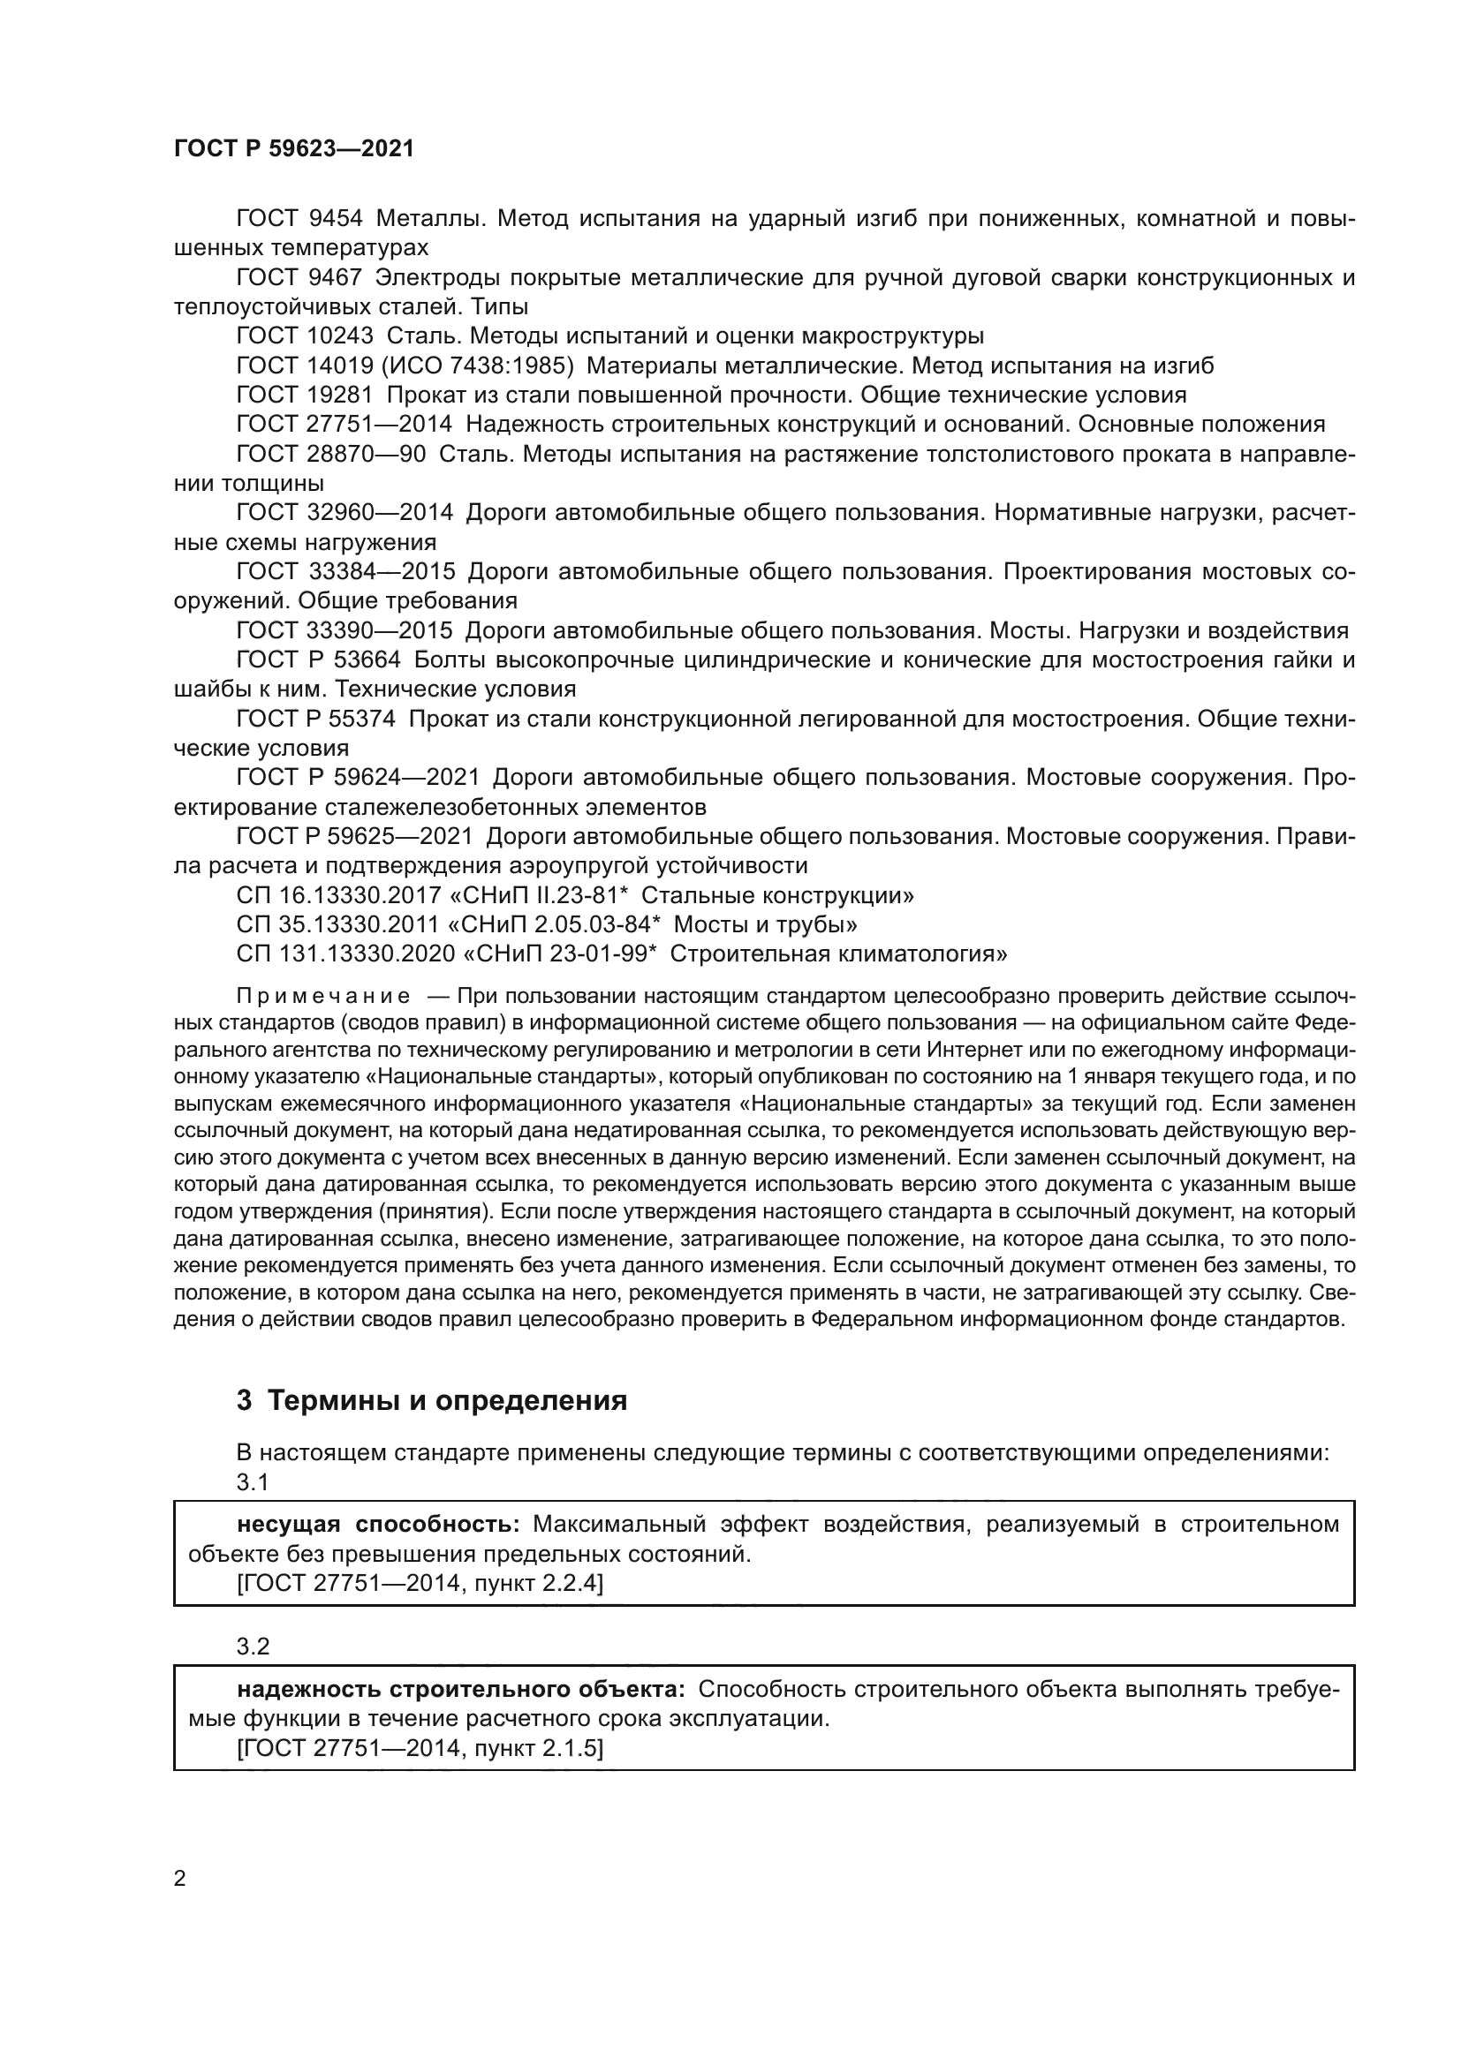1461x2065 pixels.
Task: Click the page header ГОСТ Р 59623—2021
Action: tap(294, 148)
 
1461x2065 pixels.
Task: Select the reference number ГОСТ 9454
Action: tap(299, 219)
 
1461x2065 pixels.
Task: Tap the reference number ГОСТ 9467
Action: tap(299, 277)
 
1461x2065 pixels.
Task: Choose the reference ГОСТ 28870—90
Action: tap(331, 454)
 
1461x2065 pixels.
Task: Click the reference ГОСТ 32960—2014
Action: tap(344, 513)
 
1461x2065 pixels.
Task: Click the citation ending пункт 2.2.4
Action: tap(420, 1583)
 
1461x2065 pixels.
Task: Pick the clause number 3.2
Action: tap(253, 1646)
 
